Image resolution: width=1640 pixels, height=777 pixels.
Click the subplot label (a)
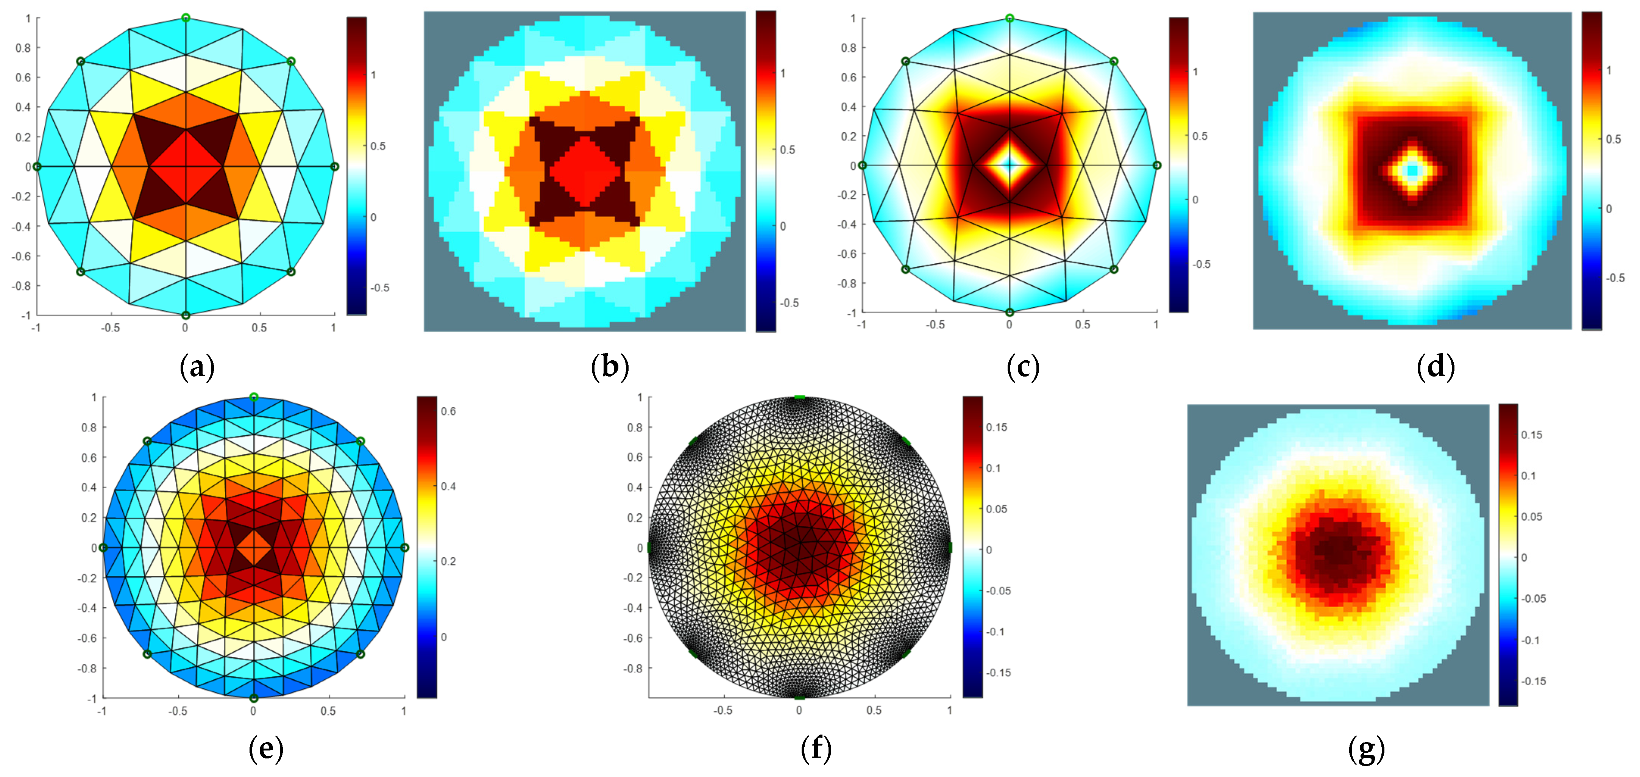click(x=197, y=367)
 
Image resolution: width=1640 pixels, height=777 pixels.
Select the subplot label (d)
click(x=1436, y=367)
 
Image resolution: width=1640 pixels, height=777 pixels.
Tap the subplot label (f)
click(x=816, y=748)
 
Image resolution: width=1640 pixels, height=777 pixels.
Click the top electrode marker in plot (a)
click(x=185, y=18)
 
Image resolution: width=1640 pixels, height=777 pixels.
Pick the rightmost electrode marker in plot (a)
click(x=335, y=167)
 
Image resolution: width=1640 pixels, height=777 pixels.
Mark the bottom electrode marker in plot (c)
click(x=1009, y=312)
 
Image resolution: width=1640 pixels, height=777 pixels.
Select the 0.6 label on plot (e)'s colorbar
click(x=448, y=411)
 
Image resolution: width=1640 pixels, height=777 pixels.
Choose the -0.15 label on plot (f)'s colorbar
click(x=998, y=672)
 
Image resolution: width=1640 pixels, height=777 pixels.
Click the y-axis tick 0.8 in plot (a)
click(x=23, y=48)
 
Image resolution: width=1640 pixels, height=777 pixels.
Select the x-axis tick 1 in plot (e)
click(x=404, y=711)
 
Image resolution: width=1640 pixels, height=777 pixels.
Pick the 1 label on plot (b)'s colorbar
click(x=783, y=73)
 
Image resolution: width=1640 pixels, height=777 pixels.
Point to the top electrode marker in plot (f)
click(x=799, y=397)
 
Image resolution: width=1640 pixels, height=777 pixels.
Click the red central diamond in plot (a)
click(x=185, y=167)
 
